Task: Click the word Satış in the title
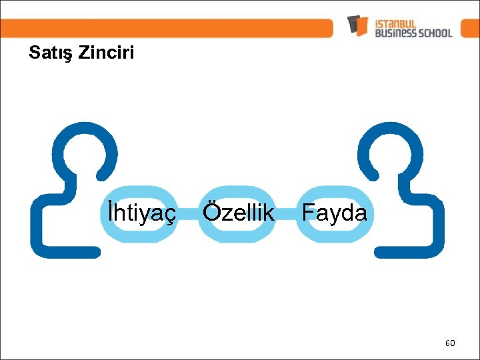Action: coord(51,53)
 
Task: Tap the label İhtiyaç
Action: coord(139,213)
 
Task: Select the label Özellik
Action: coord(238,213)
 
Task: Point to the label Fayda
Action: coord(334,213)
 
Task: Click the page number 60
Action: coord(450,343)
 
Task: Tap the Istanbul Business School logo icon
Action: coord(357,25)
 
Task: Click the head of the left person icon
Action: coord(85,153)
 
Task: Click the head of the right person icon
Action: coord(391,153)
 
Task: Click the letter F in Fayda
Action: coord(308,213)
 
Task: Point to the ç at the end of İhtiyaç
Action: coord(171,216)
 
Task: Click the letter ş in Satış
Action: coord(69,55)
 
